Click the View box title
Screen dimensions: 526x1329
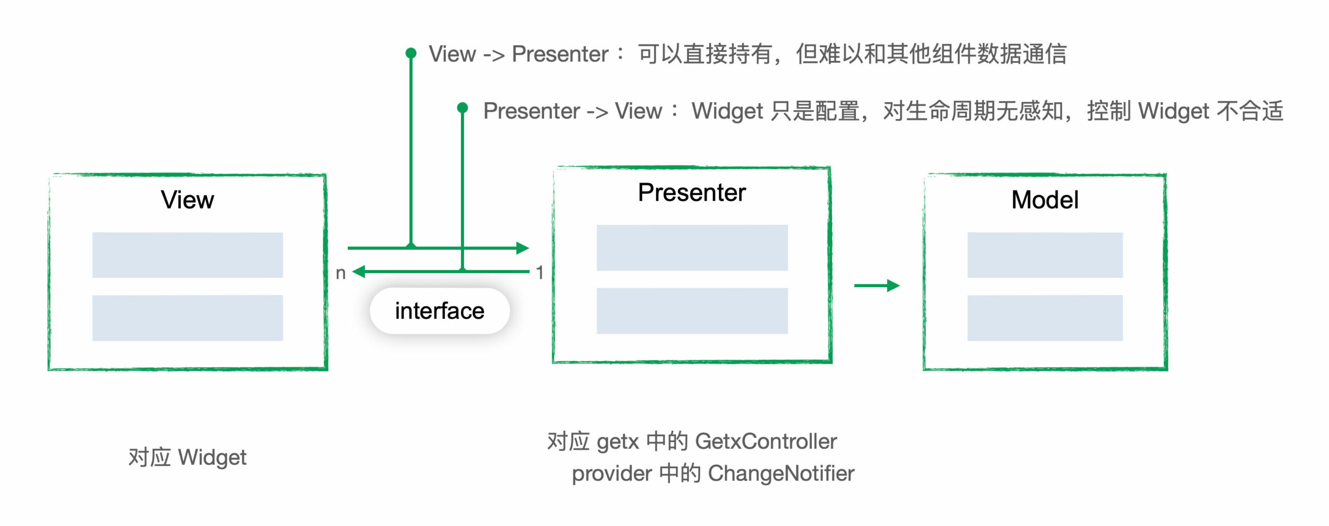187,200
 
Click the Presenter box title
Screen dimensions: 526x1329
691,193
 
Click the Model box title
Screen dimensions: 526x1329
1045,200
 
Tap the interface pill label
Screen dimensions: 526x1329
439,311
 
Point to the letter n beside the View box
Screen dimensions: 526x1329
341,273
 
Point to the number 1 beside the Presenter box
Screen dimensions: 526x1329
540,273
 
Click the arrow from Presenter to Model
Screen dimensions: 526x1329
877,286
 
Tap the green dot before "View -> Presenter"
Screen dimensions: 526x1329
411,53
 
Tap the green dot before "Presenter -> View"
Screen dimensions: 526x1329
462,107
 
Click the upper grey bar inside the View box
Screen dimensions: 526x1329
187,255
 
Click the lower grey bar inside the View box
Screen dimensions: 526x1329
187,318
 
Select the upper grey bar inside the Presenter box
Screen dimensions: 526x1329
691,248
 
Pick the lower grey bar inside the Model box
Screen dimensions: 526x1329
1045,318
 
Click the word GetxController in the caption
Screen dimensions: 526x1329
766,441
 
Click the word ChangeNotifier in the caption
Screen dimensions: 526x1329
781,473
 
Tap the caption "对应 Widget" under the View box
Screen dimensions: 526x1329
187,457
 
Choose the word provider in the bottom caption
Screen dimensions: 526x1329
612,474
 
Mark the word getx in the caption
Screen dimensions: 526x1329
618,442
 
